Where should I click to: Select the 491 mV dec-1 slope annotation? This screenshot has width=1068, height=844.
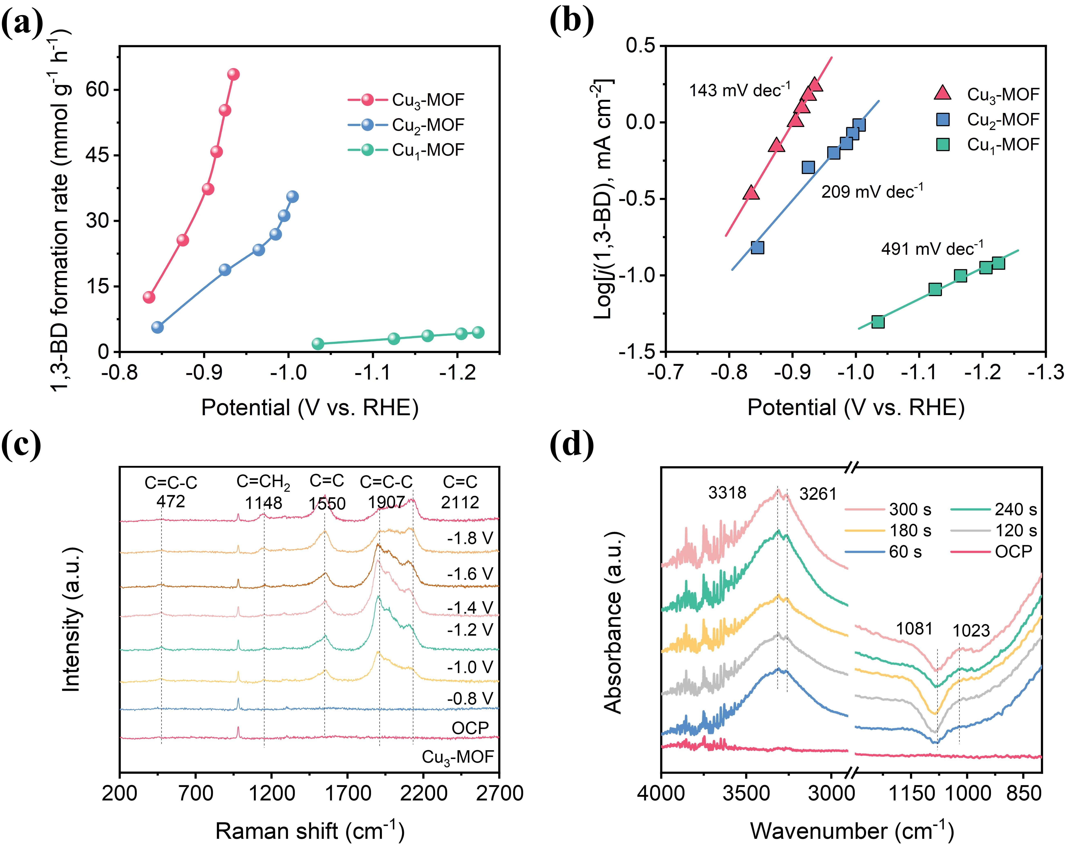(932, 248)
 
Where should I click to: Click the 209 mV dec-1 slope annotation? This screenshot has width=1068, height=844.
(872, 191)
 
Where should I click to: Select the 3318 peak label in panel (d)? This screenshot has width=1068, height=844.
(727, 493)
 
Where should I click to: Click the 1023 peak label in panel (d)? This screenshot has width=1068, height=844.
(971, 630)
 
